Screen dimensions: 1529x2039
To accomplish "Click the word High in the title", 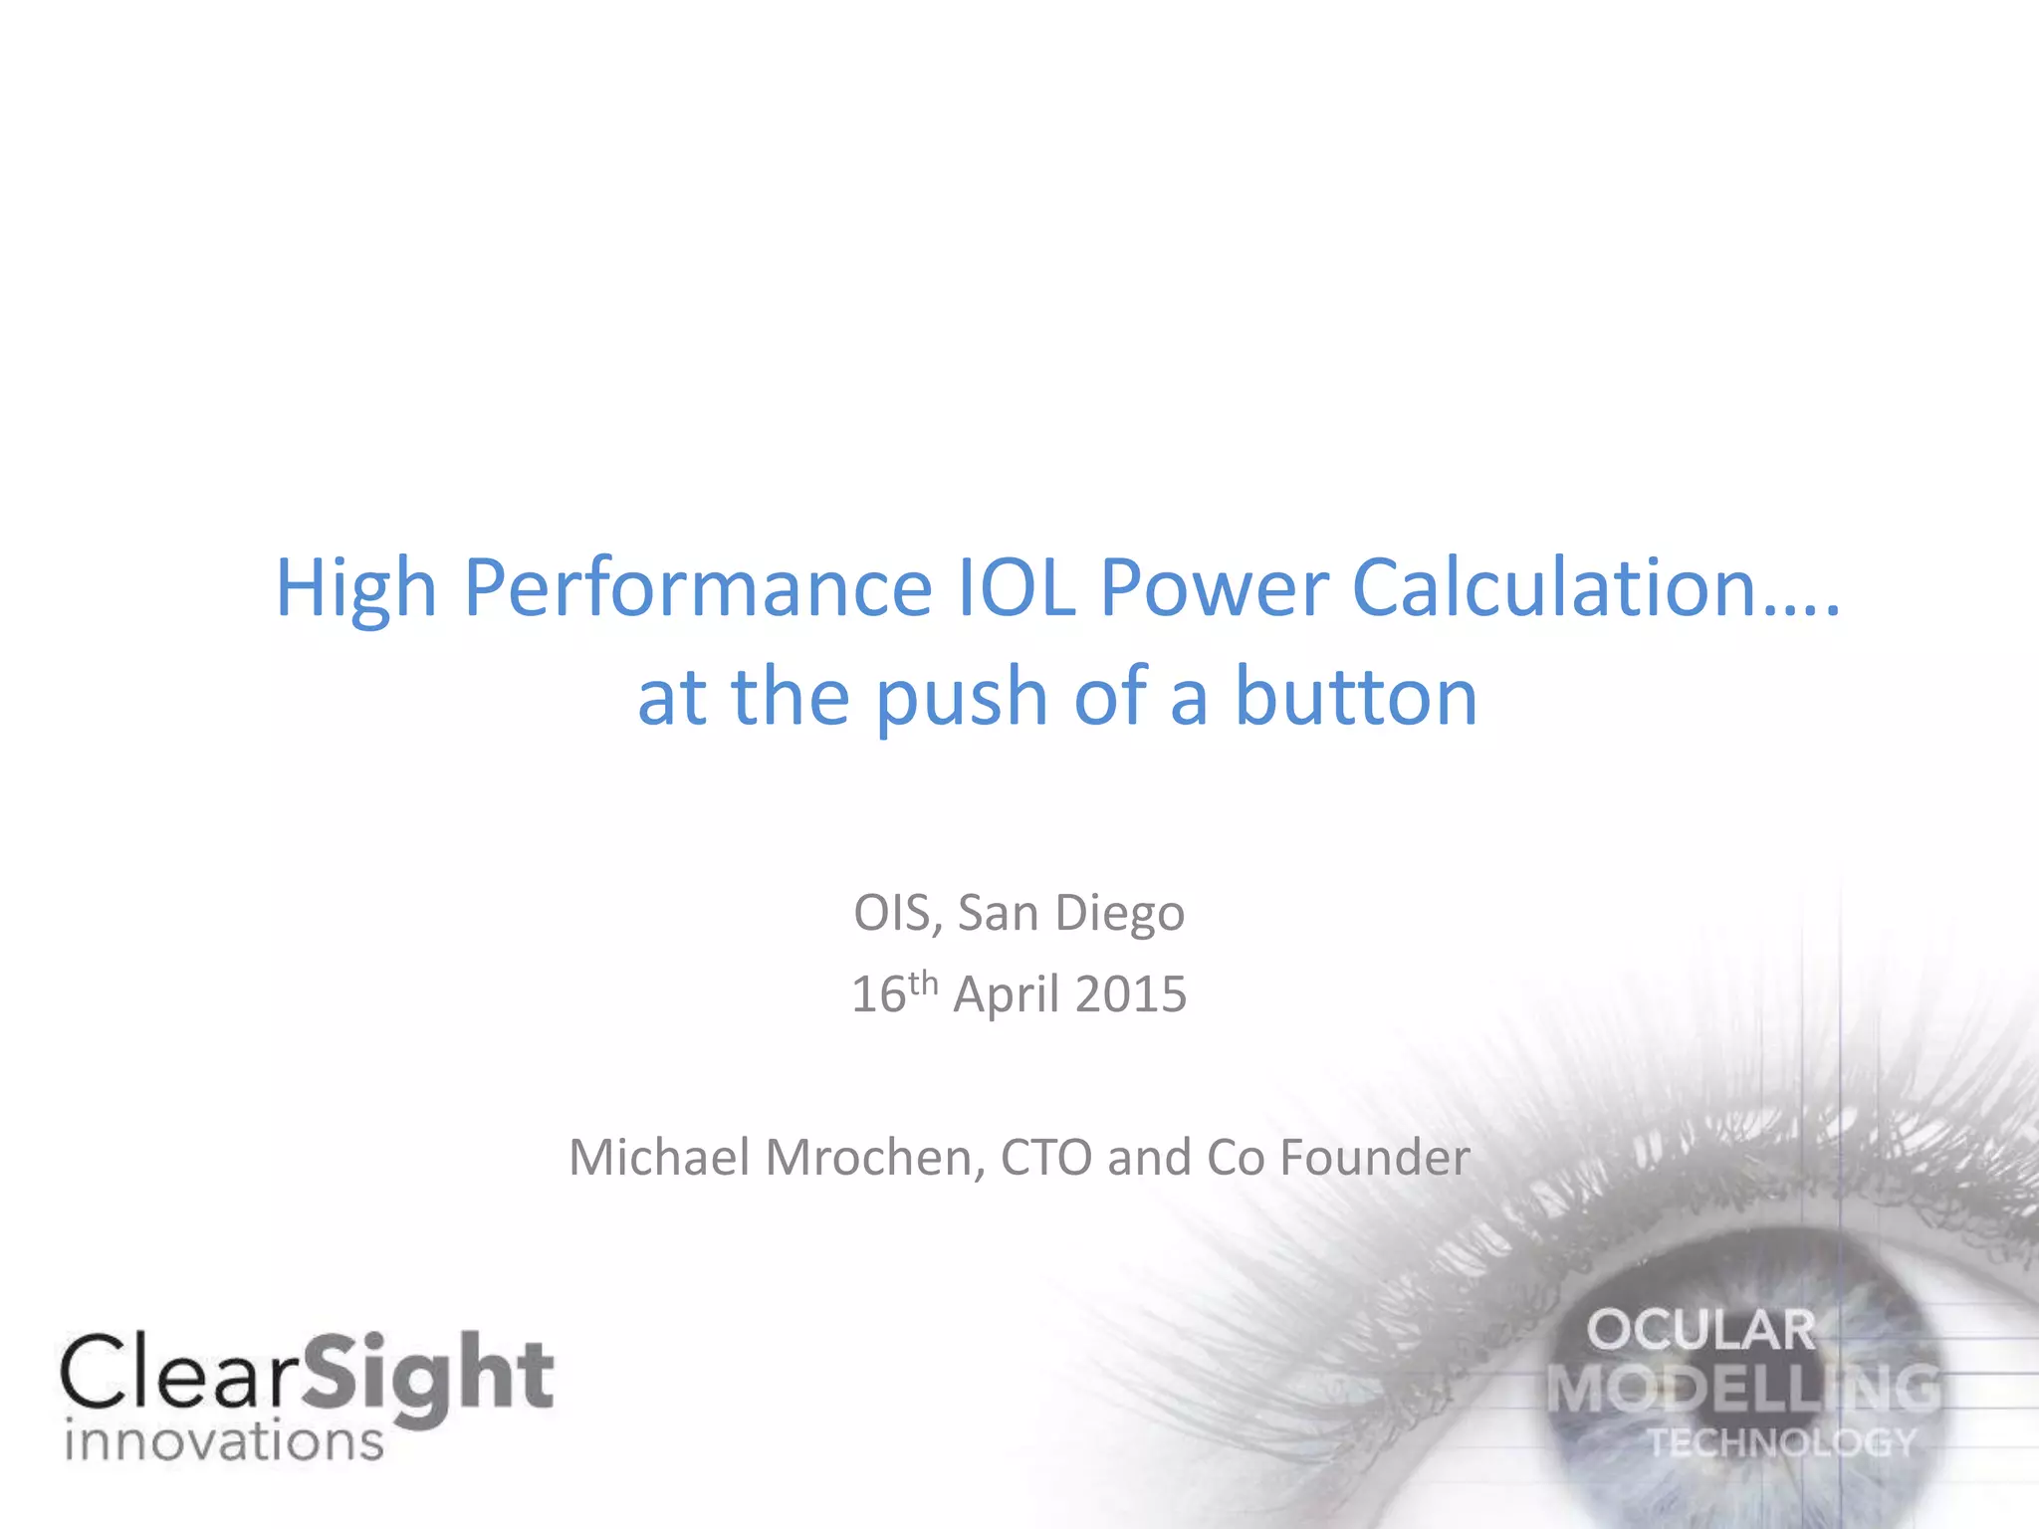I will pos(355,589).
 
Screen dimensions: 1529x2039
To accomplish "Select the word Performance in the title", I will pos(697,589).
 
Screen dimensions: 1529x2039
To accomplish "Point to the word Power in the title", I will pos(1214,589).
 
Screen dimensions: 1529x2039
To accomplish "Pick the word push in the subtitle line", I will pos(962,699).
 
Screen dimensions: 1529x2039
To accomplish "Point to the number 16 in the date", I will pos(878,994).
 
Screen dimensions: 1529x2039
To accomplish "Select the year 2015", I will pos(1131,994).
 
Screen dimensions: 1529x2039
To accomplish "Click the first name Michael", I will pos(659,1158).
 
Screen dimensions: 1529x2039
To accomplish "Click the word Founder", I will pos(1375,1158).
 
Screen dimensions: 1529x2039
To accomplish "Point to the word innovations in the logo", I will pos(224,1441).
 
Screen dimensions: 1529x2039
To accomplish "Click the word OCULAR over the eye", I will pos(1701,1331).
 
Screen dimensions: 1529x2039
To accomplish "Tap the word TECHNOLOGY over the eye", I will pos(1781,1442).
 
